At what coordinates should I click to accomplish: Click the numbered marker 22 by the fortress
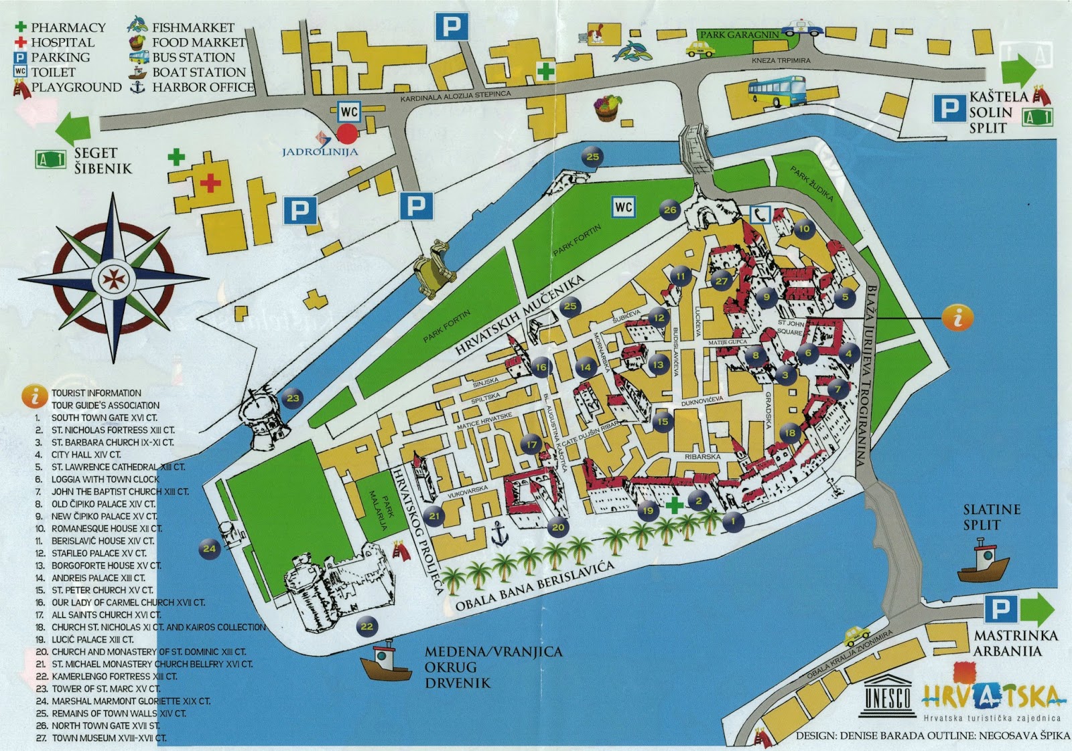366,627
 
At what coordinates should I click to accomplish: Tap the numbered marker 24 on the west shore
210,549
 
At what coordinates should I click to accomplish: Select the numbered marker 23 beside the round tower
293,398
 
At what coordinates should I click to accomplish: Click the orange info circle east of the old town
957,318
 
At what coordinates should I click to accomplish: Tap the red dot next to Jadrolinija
347,133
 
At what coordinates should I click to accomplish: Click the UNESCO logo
888,695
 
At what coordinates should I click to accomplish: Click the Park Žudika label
811,185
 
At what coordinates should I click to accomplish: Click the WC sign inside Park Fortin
623,207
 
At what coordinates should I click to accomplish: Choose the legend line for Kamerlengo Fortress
114,677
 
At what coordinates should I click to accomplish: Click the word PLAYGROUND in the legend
76,87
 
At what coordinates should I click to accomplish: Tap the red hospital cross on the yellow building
210,182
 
